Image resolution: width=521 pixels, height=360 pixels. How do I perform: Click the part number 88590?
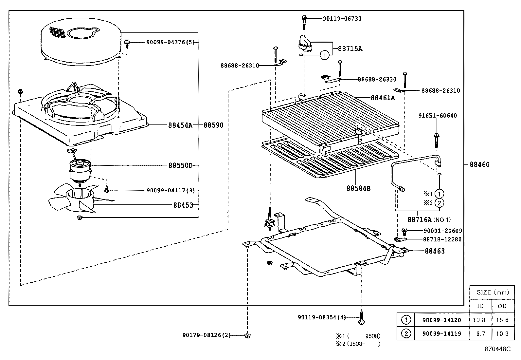pyautogui.click(x=213, y=125)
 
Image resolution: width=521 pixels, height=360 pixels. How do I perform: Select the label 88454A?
pyautogui.click(x=180, y=125)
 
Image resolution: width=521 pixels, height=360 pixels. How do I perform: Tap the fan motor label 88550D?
pyautogui.click(x=180, y=165)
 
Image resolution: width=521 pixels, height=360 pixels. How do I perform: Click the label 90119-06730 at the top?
pyautogui.click(x=342, y=19)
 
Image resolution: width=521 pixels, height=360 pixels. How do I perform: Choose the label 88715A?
pyautogui.click(x=350, y=49)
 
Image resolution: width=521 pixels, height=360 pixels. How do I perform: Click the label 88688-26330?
pyautogui.click(x=377, y=79)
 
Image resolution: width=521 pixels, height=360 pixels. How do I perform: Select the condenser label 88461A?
pyautogui.click(x=383, y=98)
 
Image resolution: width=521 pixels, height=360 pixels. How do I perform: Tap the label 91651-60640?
pyautogui.click(x=438, y=116)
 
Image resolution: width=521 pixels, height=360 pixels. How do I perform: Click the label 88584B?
pyautogui.click(x=358, y=188)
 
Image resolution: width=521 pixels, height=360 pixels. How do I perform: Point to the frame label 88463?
pyautogui.click(x=435, y=251)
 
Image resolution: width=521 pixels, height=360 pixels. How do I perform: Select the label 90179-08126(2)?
pyautogui.click(x=207, y=335)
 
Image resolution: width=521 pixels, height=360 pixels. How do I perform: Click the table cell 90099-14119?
pyautogui.click(x=441, y=333)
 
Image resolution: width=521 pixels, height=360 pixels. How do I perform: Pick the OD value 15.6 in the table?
pyautogui.click(x=502, y=320)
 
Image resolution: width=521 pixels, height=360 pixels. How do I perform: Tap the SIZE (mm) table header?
pyautogui.click(x=492, y=292)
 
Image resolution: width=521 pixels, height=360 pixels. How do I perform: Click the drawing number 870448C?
pyautogui.click(x=497, y=349)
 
